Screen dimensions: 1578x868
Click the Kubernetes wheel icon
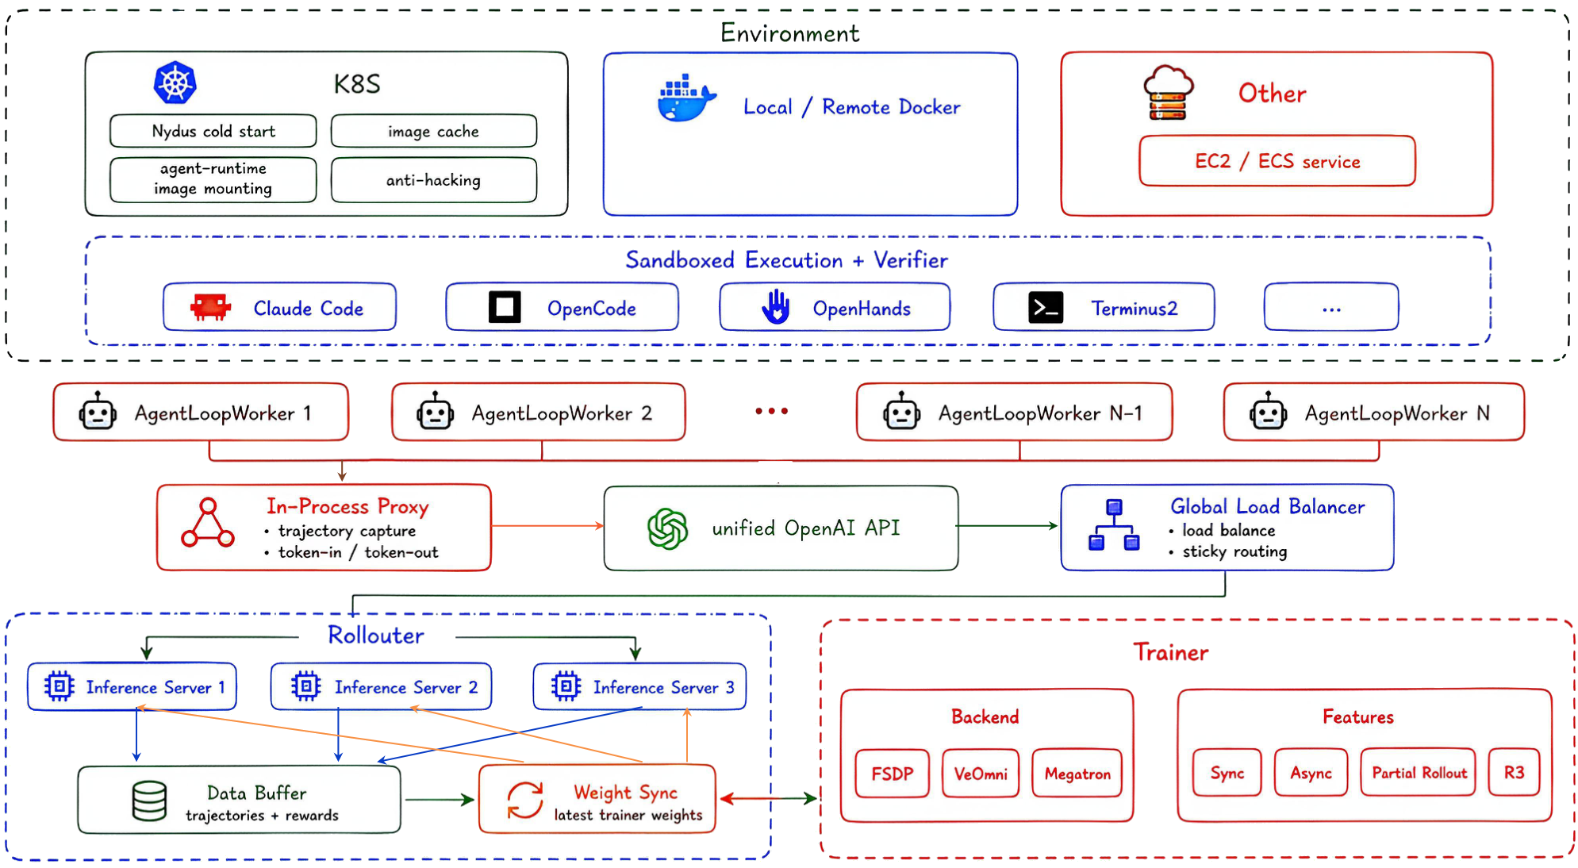click(175, 83)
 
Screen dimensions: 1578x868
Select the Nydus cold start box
click(213, 131)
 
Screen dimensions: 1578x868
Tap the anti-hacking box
click(434, 180)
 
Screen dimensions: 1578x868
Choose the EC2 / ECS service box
click(1277, 161)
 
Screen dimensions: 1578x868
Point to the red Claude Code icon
click(210, 307)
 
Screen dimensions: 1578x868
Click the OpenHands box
click(835, 307)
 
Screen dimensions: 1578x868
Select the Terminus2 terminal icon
click(1046, 307)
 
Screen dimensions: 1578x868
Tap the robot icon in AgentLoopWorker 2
click(435, 412)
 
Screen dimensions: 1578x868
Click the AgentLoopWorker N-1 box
click(1015, 412)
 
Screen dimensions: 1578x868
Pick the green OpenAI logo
click(668, 528)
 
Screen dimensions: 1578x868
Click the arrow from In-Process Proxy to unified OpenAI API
click(547, 525)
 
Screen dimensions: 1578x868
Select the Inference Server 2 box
click(381, 686)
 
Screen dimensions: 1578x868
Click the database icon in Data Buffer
click(149, 801)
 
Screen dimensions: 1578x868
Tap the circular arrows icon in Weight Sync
click(525, 800)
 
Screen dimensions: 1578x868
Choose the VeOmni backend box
click(981, 774)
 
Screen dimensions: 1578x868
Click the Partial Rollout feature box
click(1419, 772)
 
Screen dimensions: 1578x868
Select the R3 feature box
click(1514, 772)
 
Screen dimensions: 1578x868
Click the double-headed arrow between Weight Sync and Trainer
click(768, 798)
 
